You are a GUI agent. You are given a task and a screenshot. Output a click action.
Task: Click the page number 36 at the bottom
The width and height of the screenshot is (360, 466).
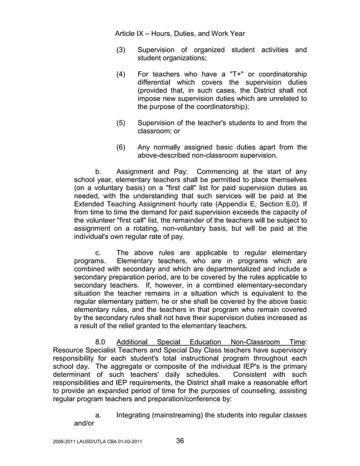click(x=180, y=441)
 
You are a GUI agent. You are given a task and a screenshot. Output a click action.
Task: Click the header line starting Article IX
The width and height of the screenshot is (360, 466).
click(x=179, y=34)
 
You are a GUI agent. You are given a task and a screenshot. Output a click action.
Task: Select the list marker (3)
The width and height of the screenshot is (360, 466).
click(x=120, y=50)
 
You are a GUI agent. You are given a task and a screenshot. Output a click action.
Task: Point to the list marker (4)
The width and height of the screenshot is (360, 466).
click(x=120, y=74)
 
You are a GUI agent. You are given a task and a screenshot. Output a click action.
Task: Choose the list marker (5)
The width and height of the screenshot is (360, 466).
click(x=120, y=123)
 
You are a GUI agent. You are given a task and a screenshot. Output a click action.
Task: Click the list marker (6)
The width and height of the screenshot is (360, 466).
click(x=120, y=147)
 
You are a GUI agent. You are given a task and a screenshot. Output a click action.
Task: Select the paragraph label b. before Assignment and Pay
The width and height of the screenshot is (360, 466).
click(x=98, y=172)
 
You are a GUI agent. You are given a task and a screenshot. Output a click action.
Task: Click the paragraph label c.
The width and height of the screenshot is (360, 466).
click(x=98, y=253)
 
